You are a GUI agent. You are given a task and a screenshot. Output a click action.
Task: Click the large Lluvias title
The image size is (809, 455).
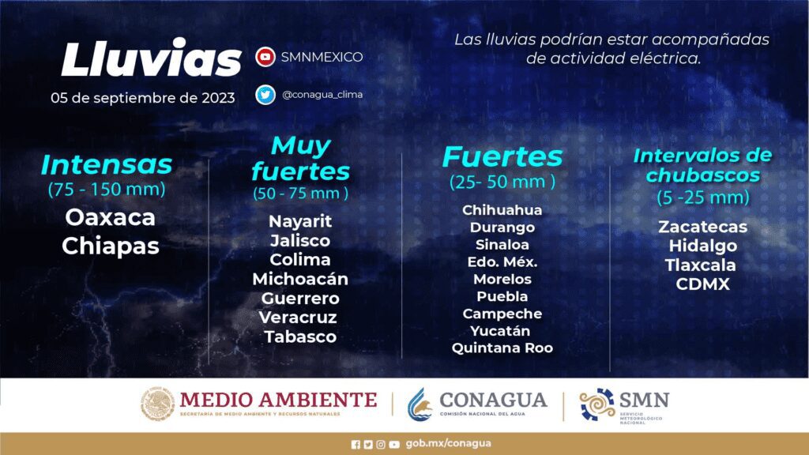[151, 58]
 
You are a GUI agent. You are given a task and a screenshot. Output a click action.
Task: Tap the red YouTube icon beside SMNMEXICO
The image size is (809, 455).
[265, 57]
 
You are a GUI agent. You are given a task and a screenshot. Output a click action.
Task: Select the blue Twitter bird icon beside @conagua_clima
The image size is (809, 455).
[265, 95]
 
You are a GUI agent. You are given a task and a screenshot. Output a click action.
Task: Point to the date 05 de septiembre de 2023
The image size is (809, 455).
[143, 98]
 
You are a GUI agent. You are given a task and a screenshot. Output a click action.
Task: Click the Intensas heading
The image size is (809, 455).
[107, 164]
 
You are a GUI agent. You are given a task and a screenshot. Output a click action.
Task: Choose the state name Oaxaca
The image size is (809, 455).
[110, 218]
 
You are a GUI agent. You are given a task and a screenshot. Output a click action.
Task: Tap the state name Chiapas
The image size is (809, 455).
[111, 246]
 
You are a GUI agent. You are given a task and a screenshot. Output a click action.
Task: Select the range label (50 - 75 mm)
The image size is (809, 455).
[300, 194]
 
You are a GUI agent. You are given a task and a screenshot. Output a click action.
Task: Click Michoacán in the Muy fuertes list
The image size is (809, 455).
[300, 279]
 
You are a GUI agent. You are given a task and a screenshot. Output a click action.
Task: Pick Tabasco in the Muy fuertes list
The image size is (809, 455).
[300, 337]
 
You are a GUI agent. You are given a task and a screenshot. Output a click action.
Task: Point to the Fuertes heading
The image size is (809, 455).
[502, 156]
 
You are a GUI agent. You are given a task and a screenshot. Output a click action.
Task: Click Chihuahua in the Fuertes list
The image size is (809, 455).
[502, 210]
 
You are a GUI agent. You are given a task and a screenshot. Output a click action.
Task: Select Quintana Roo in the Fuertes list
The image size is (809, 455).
[502, 348]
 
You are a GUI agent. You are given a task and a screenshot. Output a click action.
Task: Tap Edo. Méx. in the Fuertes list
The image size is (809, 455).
[502, 262]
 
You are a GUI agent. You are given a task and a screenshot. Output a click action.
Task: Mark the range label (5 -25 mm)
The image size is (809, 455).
[702, 197]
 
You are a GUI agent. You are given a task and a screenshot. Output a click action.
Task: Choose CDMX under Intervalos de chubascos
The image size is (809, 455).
[702, 284]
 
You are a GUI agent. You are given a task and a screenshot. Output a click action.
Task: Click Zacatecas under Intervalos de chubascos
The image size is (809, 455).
[702, 227]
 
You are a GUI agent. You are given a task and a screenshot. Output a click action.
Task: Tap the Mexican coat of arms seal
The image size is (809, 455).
[157, 404]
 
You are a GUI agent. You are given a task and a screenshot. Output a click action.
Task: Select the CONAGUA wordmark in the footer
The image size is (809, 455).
[493, 400]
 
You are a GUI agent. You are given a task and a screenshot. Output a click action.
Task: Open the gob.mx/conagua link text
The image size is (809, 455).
[449, 444]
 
